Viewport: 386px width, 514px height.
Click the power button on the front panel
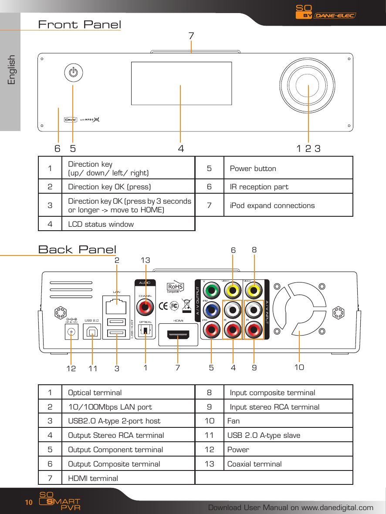point(73,72)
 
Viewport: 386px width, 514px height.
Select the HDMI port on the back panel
point(179,336)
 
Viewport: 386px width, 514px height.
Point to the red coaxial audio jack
point(145,308)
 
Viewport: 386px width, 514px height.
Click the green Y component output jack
point(212,290)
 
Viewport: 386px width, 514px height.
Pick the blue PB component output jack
point(212,310)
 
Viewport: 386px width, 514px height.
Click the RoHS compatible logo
point(176,287)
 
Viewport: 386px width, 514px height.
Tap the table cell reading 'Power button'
point(253,168)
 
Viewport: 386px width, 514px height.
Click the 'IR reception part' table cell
point(259,187)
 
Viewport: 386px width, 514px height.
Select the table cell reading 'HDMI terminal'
point(93,478)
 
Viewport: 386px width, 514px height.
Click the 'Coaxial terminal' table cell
point(254,464)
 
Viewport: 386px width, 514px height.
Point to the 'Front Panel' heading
point(80,24)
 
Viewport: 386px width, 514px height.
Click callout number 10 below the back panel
point(299,367)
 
